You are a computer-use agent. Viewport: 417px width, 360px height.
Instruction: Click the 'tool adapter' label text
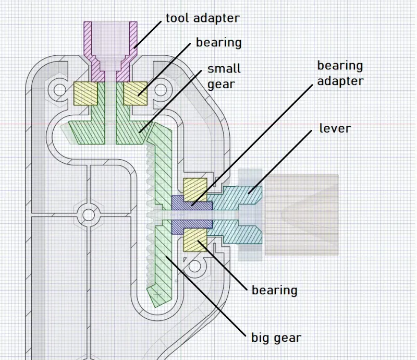(202, 18)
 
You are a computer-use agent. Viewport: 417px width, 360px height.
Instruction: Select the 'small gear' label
(224, 76)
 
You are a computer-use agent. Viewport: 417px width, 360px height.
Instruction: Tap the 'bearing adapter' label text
(340, 73)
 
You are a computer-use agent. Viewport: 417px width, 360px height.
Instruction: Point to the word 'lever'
(335, 128)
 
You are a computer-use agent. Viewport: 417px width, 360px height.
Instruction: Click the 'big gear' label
(276, 338)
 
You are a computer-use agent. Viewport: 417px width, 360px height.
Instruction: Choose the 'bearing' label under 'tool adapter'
(218, 42)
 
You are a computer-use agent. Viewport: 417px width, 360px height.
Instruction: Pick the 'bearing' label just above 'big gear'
(274, 290)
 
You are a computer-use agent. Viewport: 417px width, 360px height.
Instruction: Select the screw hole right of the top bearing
(161, 90)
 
